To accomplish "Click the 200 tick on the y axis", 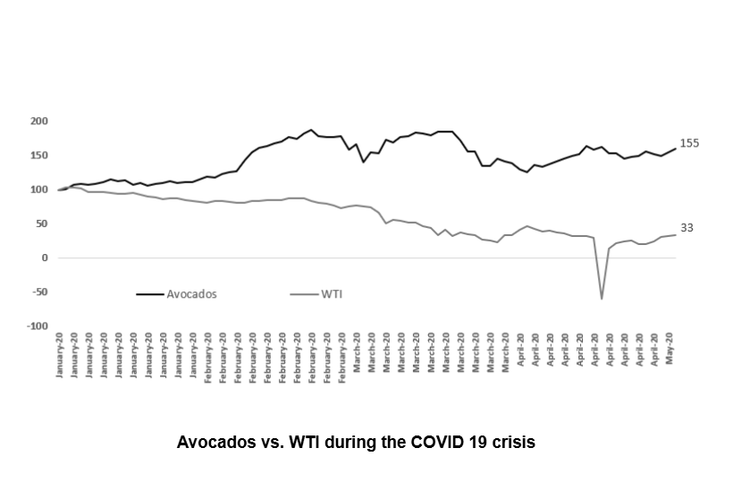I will click(x=38, y=121).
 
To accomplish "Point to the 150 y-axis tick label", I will click(x=38, y=156).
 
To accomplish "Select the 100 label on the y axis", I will click(x=38, y=190).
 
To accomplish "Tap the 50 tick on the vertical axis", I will click(x=41, y=224).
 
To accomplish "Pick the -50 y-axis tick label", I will click(x=39, y=292).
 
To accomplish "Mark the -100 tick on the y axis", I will click(x=38, y=326).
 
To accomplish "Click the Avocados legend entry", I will click(x=192, y=292).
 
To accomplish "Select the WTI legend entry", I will click(x=332, y=292).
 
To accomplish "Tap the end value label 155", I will click(x=689, y=143).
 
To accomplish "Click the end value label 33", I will click(x=687, y=228).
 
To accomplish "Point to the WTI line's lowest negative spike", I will click(x=602, y=299).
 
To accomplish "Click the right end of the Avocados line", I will click(x=674, y=148).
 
